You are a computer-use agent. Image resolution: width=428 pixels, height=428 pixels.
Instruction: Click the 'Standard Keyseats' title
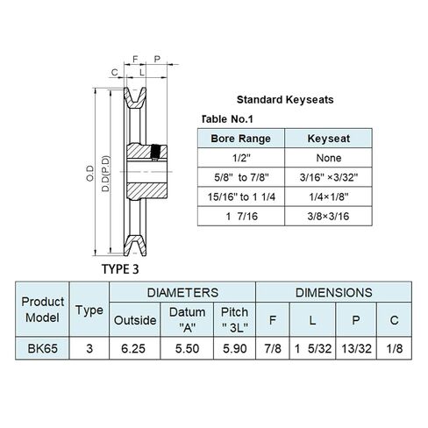(x=285, y=100)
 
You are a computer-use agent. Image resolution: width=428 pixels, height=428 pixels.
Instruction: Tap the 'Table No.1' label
(x=227, y=119)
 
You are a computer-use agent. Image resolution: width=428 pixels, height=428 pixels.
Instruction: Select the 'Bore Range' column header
(x=240, y=139)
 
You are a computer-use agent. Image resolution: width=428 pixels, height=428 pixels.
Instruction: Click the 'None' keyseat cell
(x=329, y=158)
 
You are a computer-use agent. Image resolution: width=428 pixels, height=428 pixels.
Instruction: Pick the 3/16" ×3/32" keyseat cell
(x=329, y=177)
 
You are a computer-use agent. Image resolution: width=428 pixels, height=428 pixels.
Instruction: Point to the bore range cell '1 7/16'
(x=241, y=217)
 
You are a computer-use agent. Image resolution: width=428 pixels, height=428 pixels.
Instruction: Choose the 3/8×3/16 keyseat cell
(x=328, y=217)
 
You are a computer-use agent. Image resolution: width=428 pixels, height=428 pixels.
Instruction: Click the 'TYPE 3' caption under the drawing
(x=120, y=269)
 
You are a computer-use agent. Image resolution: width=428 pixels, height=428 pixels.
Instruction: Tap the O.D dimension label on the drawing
(x=90, y=174)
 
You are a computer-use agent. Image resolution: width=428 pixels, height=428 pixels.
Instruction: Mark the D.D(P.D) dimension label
(x=105, y=174)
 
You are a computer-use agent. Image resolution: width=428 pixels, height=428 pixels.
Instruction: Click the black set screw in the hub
(x=154, y=153)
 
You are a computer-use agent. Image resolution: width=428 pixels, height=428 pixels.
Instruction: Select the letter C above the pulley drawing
(x=115, y=72)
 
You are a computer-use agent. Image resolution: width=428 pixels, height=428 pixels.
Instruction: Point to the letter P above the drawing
(x=157, y=59)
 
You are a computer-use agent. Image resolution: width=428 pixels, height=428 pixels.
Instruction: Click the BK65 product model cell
(x=42, y=348)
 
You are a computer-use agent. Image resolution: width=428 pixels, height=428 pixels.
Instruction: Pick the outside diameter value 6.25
(x=133, y=348)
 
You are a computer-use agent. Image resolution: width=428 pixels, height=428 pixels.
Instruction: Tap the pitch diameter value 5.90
(x=235, y=348)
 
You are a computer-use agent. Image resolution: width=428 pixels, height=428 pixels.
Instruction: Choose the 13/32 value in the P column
(x=356, y=348)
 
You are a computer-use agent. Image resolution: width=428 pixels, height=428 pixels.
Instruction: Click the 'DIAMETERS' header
(x=182, y=293)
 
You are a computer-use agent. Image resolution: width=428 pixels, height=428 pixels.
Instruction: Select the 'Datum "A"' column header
(x=187, y=320)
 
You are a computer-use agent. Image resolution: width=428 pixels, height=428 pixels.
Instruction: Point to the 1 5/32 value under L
(x=313, y=348)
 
